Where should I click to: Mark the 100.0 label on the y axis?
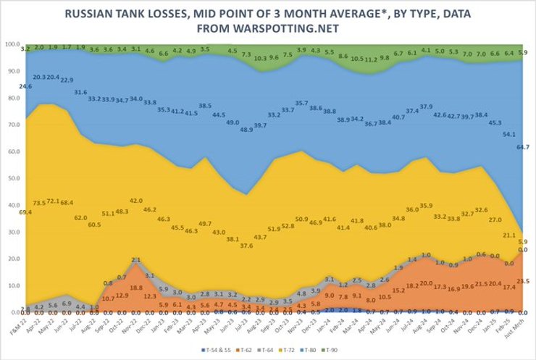pos(12,44)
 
